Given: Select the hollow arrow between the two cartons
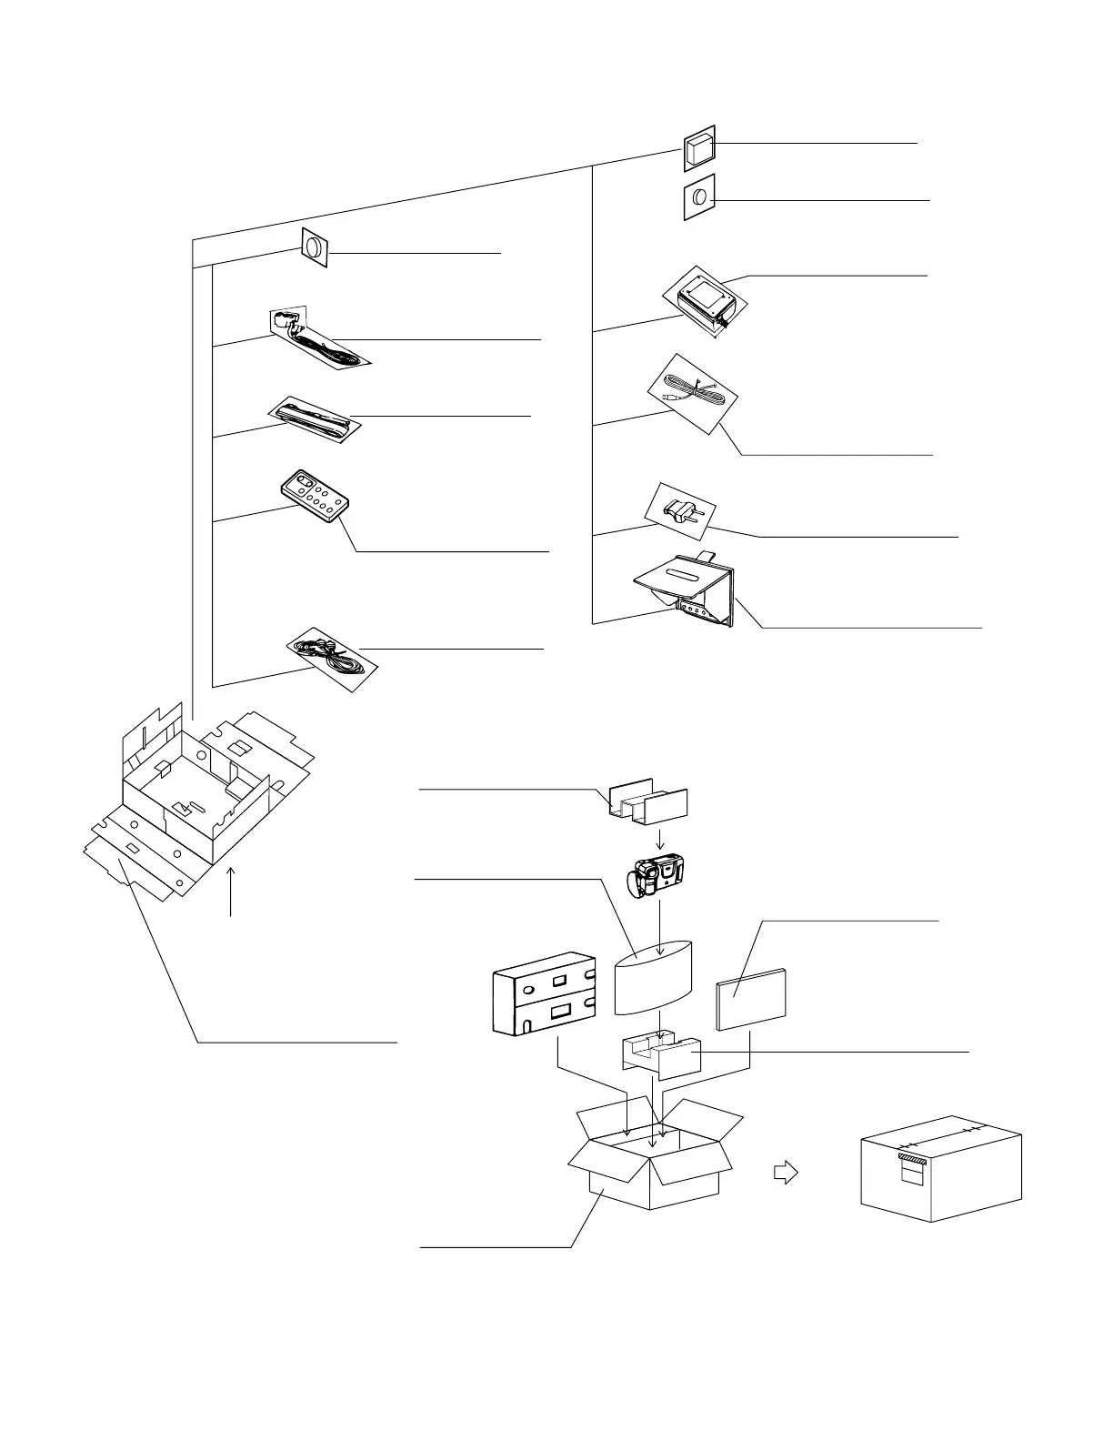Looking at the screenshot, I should click(785, 1173).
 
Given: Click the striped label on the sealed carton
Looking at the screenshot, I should click(912, 1158).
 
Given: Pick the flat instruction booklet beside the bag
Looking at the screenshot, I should click(752, 999).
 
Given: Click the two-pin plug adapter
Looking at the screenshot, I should click(681, 510).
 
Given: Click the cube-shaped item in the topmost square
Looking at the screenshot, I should click(699, 148).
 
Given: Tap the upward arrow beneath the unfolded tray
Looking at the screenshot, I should click(233, 891).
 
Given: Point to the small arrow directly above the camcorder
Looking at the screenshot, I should click(661, 836).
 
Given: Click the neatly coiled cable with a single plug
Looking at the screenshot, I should click(692, 393).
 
